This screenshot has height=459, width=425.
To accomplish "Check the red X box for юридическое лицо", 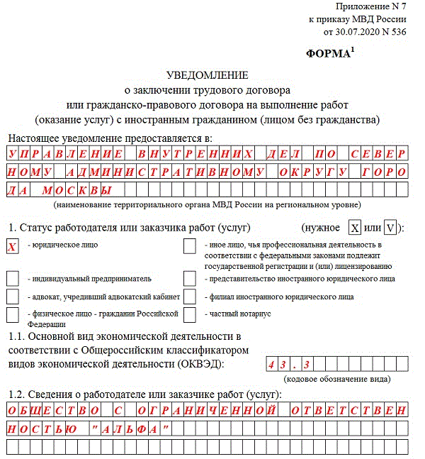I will [x=12, y=246].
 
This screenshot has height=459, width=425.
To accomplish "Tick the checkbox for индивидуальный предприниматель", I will [x=12, y=279].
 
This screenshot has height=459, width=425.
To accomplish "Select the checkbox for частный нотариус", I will [x=189, y=314].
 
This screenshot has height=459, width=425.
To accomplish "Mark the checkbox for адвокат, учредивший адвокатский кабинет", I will [x=12, y=297].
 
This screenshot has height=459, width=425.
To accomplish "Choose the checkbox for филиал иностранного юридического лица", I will [x=189, y=297].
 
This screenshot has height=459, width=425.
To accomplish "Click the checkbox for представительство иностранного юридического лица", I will [x=189, y=279].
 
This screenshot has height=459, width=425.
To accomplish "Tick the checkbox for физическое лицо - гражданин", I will [x=12, y=314].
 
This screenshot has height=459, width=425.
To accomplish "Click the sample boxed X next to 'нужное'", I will [x=355, y=228].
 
